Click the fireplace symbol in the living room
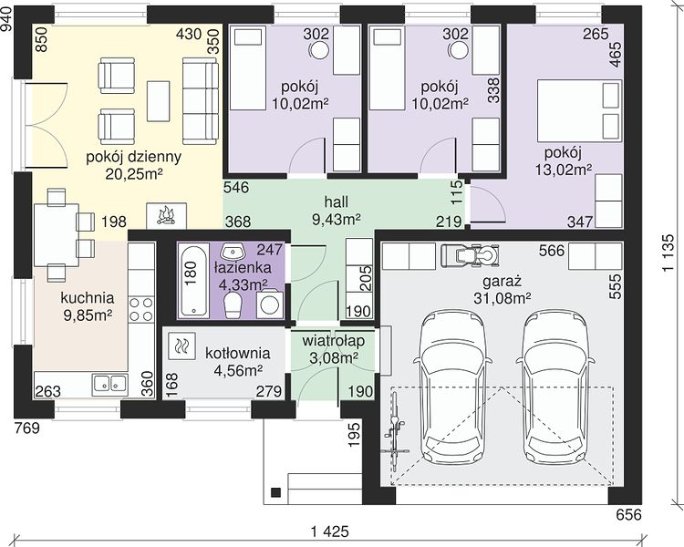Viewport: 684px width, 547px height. click(166, 216)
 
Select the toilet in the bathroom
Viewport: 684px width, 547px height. click(233, 304)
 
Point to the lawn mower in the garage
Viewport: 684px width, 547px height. click(470, 254)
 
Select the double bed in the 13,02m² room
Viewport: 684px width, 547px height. click(579, 110)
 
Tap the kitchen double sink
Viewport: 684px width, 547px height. click(110, 384)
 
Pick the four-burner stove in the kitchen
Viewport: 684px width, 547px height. click(141, 309)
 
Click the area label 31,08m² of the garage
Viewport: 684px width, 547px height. click(503, 298)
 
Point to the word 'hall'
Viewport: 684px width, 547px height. click(337, 201)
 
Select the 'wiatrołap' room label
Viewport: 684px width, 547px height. click(333, 340)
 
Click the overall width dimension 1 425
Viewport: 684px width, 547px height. click(330, 532)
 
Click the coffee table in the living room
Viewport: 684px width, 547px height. click(159, 101)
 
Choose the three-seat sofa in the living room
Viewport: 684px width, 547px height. click(201, 101)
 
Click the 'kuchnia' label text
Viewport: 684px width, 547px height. click(88, 298)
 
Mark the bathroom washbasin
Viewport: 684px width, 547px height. click(233, 252)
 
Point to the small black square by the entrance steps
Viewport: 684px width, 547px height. click(275, 492)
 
